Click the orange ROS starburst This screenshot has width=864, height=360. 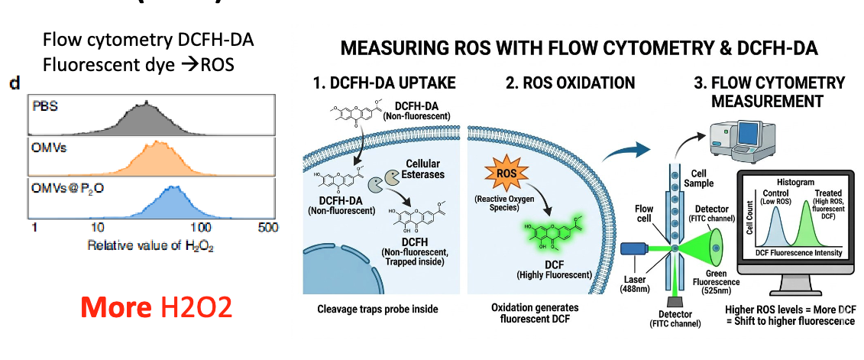coord(506,174)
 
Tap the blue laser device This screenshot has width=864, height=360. coord(636,249)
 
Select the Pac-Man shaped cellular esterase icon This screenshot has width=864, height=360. coord(380,185)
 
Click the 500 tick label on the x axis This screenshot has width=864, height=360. coord(267,227)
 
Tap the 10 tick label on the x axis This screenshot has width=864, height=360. coord(97,227)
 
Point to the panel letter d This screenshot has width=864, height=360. coord(14,82)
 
